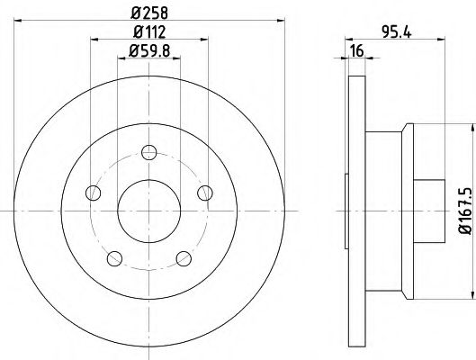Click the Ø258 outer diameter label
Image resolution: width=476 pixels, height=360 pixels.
coord(148,12)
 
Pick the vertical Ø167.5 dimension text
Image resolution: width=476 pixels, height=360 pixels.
coord(463,212)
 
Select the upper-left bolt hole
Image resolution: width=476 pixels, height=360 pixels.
coord(91,191)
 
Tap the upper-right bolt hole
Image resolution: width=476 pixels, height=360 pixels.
coord(205,191)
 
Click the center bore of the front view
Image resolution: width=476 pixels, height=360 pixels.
coord(148,211)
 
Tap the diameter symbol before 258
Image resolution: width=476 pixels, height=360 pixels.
coord(132,12)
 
